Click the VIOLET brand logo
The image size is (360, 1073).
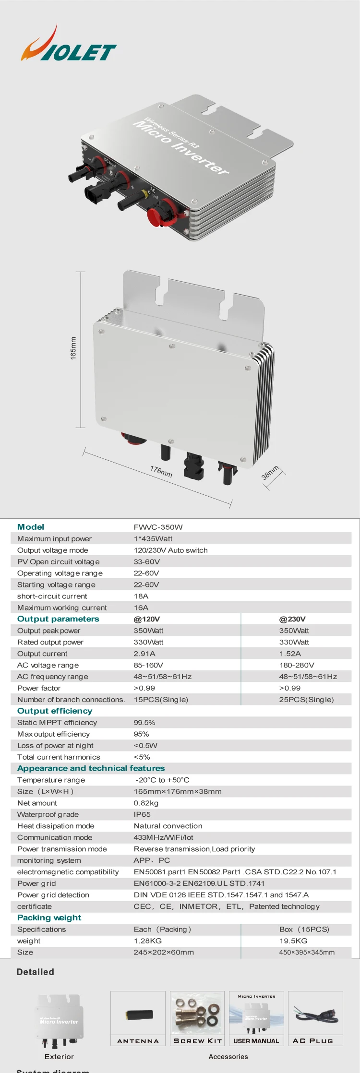[68, 45]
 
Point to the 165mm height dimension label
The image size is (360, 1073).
[73, 348]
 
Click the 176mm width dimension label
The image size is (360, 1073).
[161, 471]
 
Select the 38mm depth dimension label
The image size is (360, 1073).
[270, 473]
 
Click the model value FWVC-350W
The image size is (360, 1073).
[158, 527]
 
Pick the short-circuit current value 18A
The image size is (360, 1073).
[141, 596]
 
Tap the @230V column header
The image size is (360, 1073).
[292, 619]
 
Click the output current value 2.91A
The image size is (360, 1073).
[144, 654]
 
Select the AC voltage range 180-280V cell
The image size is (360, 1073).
[297, 665]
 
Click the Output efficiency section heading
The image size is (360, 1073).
[55, 711]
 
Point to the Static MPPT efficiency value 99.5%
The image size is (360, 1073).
[144, 722]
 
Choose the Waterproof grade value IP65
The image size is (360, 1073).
[142, 814]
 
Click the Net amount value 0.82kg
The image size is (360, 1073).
[146, 803]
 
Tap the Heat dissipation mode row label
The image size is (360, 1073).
[56, 826]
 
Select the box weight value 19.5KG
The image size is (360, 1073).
[293, 941]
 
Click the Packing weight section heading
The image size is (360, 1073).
[49, 918]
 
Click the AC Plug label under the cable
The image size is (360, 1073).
[312, 1041]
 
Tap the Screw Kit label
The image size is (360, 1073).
[198, 1041]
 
